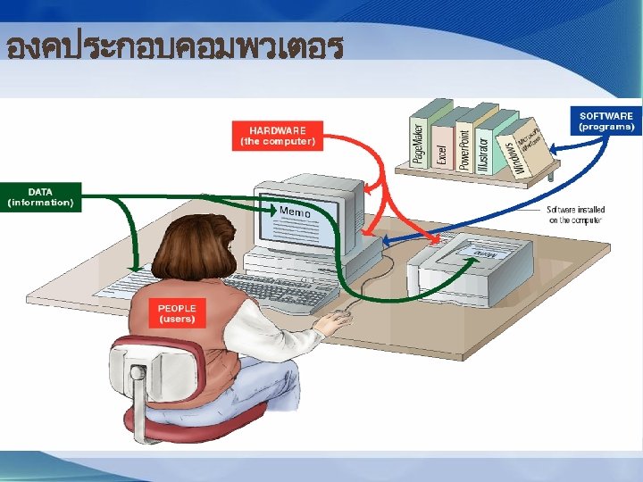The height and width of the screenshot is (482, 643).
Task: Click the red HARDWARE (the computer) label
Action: tap(277, 135)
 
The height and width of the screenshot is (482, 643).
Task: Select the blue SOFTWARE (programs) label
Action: tap(606, 120)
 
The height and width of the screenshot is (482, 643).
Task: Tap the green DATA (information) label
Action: tap(40, 197)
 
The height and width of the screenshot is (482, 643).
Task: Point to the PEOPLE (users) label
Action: tap(177, 312)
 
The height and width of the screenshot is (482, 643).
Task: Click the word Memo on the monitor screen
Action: tap(295, 212)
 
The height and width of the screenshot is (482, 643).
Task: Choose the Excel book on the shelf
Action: tap(441, 147)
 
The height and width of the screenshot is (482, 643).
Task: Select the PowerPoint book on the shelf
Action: tap(463, 144)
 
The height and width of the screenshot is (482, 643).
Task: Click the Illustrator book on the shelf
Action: tap(483, 148)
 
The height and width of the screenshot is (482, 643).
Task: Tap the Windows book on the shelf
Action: tap(511, 154)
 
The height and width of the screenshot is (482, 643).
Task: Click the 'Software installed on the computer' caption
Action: tap(576, 215)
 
